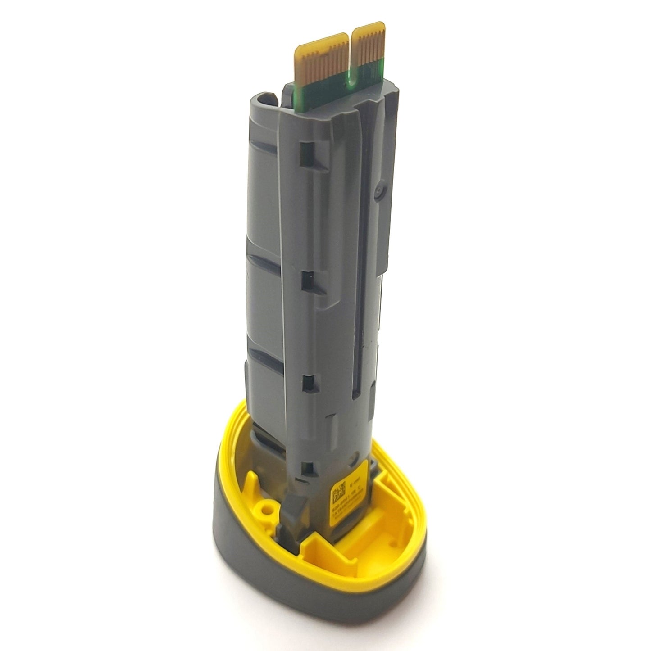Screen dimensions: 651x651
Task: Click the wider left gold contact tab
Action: pyautogui.click(x=322, y=61)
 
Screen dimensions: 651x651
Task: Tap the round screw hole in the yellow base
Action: pyautogui.click(x=270, y=509)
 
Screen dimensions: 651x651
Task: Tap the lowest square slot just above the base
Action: pyautogui.click(x=308, y=468)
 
